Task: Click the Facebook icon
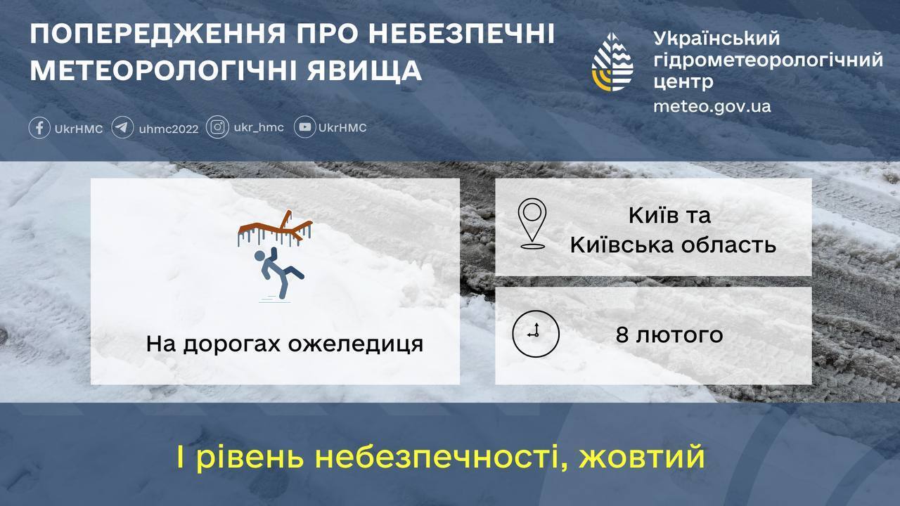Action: click(39, 128)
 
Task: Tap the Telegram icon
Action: click(123, 128)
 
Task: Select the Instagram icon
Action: click(218, 127)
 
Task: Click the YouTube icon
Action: click(304, 127)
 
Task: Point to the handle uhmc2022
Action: click(169, 129)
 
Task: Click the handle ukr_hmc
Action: click(259, 127)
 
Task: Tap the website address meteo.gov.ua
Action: click(712, 106)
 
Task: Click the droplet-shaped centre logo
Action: click(612, 63)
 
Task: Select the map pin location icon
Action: click(532, 224)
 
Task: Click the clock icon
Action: click(536, 333)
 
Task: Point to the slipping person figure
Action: click(277, 274)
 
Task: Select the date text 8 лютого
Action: click(669, 335)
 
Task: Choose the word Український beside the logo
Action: click(716, 39)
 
